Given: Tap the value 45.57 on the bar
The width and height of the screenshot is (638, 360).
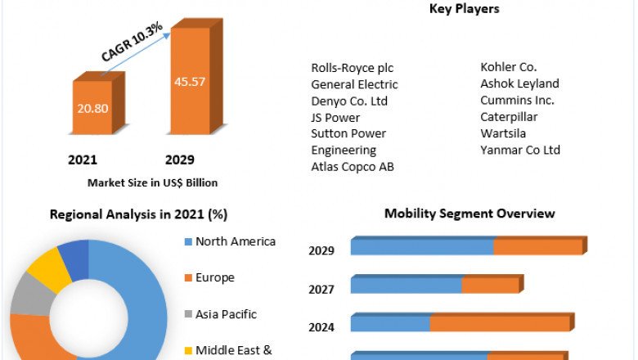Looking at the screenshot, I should [190, 81].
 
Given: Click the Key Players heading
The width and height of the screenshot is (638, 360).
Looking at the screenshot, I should [464, 9].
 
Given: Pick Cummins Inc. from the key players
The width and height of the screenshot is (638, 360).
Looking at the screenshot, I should [517, 100].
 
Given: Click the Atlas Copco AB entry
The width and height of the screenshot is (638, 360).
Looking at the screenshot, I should [353, 167].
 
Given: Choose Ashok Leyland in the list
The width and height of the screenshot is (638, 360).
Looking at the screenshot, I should [519, 83].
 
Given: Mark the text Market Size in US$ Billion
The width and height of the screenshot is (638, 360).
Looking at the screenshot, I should [153, 182].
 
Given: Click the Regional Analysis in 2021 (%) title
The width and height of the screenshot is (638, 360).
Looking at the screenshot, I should [138, 214].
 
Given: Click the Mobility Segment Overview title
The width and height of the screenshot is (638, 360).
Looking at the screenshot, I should [470, 214].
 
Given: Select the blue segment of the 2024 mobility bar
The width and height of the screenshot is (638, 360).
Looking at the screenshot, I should [390, 324].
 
